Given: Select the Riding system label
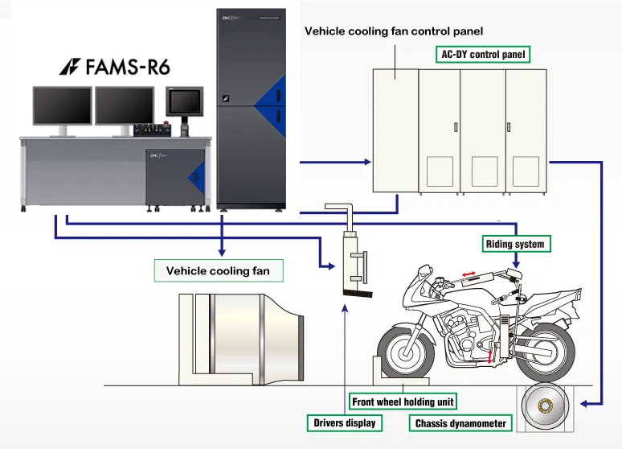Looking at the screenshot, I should tap(515, 243).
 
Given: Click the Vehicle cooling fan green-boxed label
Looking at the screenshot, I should tap(218, 270).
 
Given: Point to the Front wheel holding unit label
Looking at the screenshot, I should tap(403, 402).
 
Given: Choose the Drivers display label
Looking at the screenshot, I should tap(343, 422).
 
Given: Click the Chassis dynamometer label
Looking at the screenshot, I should tap(461, 422).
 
